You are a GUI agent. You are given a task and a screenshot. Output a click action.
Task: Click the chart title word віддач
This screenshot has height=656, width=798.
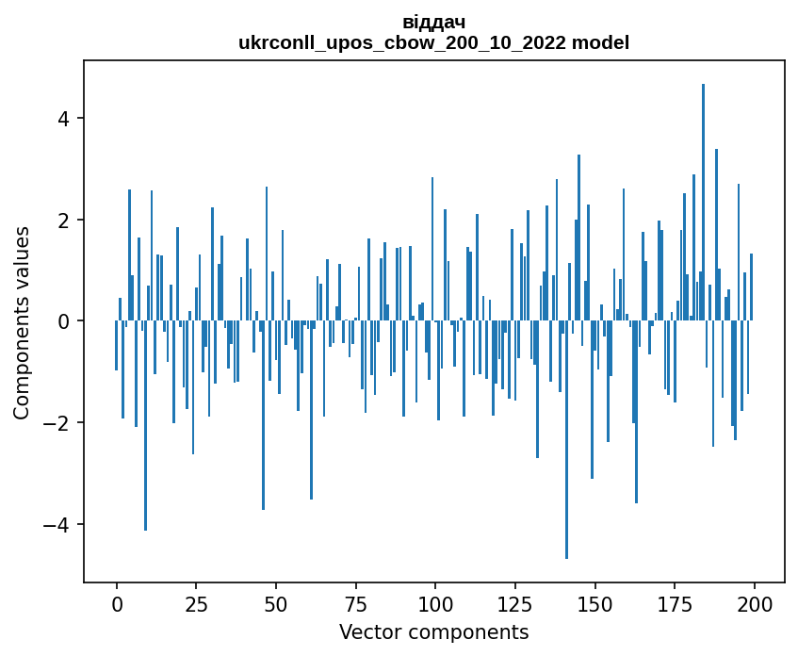click(433, 22)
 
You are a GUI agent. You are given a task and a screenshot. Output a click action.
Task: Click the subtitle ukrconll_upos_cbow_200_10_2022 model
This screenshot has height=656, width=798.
click(433, 42)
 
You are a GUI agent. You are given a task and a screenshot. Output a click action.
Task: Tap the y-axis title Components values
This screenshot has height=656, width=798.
click(22, 322)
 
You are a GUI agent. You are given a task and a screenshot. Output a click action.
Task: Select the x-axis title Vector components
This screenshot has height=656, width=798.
click(433, 631)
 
